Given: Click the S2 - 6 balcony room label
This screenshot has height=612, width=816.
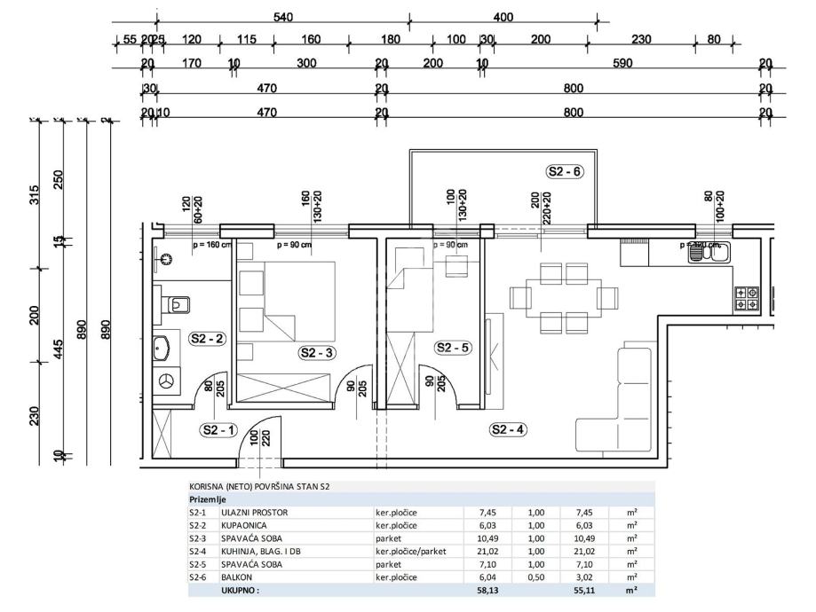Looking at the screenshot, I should point(565,172).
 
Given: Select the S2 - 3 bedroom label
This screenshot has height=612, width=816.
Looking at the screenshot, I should point(317,352).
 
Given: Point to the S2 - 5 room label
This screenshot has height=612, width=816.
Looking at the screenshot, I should point(453,349).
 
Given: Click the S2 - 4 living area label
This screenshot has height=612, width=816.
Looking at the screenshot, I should point(509,430).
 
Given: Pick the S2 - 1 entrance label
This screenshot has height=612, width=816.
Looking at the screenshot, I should point(219,430).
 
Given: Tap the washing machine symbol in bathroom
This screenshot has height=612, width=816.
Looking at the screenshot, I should point(165,380).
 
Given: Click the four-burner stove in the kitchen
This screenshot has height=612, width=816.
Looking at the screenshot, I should point(745,298).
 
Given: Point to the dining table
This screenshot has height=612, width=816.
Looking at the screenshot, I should point(563,297).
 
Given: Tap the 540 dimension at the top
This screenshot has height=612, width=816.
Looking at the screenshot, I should point(283,18).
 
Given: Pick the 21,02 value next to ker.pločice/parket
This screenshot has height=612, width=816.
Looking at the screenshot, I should point(487,551).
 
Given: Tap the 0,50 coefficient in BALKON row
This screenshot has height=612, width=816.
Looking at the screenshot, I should point(535,576).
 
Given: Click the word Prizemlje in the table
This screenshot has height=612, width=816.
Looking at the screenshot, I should point(206,499).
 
